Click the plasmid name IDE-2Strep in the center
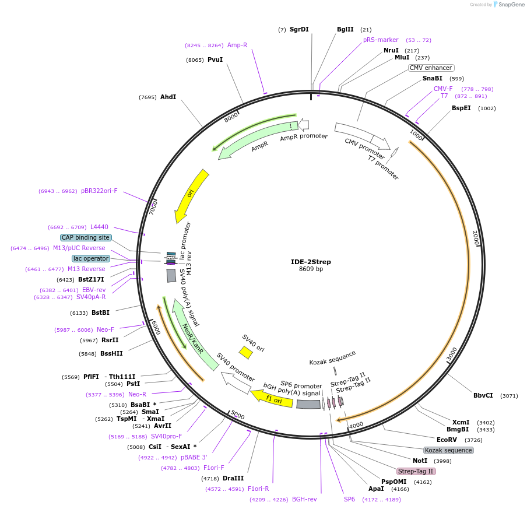(x=311, y=262)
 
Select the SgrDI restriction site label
(x=299, y=29)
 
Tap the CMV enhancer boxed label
(x=431, y=68)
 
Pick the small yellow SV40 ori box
(x=245, y=352)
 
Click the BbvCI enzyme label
(x=483, y=395)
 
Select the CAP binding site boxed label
(x=86, y=237)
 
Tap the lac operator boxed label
(x=91, y=258)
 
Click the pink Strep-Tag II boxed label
(x=416, y=471)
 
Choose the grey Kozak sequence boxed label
(x=448, y=450)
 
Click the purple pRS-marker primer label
(x=381, y=40)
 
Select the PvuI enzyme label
(x=215, y=59)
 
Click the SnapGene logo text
(x=511, y=5)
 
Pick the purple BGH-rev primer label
(x=304, y=499)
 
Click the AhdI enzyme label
(x=168, y=97)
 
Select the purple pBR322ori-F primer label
(x=99, y=191)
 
